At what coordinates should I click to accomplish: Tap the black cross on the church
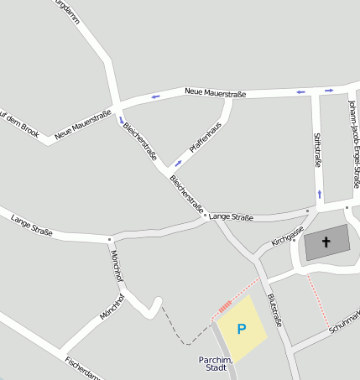click(x=326, y=242)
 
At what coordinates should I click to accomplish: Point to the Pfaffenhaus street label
click(x=205, y=137)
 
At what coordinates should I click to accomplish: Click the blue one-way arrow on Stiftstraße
click(x=319, y=195)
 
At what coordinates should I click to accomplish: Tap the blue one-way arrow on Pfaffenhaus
click(x=178, y=162)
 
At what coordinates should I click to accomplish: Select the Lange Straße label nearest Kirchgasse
click(x=231, y=217)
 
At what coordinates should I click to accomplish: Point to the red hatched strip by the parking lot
click(x=223, y=308)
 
